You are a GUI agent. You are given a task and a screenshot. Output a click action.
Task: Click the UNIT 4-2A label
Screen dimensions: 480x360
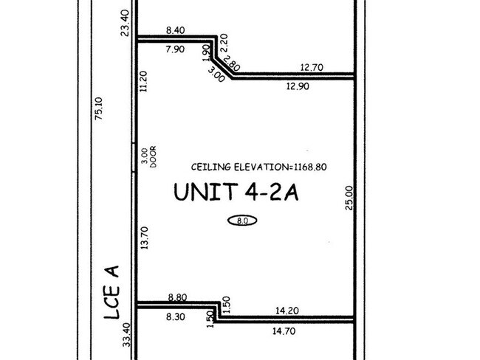[x=236, y=192]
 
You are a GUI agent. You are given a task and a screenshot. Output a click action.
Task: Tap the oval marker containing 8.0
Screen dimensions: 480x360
[x=242, y=221]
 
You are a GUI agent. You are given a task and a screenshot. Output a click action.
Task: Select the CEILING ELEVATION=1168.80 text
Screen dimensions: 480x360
[x=259, y=167]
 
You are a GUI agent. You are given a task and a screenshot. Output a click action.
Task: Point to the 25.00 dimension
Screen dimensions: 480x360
[x=349, y=198]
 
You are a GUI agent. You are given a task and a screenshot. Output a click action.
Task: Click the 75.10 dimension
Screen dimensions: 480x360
[x=98, y=108]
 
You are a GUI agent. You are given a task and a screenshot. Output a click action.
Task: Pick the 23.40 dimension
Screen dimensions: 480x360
[x=126, y=23]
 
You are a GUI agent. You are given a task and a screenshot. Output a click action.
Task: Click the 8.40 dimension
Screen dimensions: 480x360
[x=176, y=30]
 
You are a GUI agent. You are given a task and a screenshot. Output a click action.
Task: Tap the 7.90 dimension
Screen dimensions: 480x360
[x=175, y=49]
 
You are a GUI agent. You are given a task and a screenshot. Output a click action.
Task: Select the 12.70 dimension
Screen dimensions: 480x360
[x=312, y=67]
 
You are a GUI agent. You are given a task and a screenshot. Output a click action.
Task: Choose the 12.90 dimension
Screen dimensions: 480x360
[x=298, y=86]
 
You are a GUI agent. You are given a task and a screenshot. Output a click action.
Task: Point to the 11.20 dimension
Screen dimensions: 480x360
[x=143, y=81]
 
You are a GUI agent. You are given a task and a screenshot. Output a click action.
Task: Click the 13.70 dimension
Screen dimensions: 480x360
[x=144, y=238]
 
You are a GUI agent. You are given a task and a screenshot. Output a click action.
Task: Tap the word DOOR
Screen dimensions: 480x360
[x=153, y=156]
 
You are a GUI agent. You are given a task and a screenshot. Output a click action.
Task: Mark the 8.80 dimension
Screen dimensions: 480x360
[x=177, y=297]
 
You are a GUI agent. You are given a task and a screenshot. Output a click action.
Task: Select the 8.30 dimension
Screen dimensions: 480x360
[x=176, y=317]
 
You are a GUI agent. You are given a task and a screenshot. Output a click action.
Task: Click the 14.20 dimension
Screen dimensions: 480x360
[x=287, y=311]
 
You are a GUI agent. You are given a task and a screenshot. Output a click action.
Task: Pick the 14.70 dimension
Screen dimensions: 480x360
[x=284, y=331]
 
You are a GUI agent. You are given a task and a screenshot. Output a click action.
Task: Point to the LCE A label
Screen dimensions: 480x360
[x=112, y=292]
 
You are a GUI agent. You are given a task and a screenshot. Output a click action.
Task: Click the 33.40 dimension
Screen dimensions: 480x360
[x=127, y=335]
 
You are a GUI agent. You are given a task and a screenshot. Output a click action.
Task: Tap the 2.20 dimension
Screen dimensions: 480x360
[x=224, y=43]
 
